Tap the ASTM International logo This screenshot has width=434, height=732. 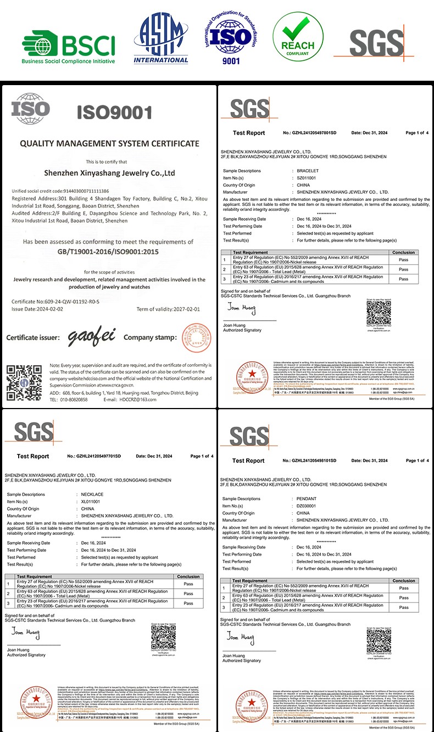(161, 38)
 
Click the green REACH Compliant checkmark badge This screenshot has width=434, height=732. (298, 38)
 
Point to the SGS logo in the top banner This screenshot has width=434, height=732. (376, 43)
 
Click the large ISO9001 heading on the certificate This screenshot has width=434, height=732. (114, 113)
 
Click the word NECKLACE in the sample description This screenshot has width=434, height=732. (92, 494)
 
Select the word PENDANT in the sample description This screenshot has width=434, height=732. (307, 499)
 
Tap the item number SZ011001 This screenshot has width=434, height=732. (305, 178)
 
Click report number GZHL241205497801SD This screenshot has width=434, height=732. (309, 133)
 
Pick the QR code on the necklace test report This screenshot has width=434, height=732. (163, 636)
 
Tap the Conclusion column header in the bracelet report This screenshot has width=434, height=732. (404, 253)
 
